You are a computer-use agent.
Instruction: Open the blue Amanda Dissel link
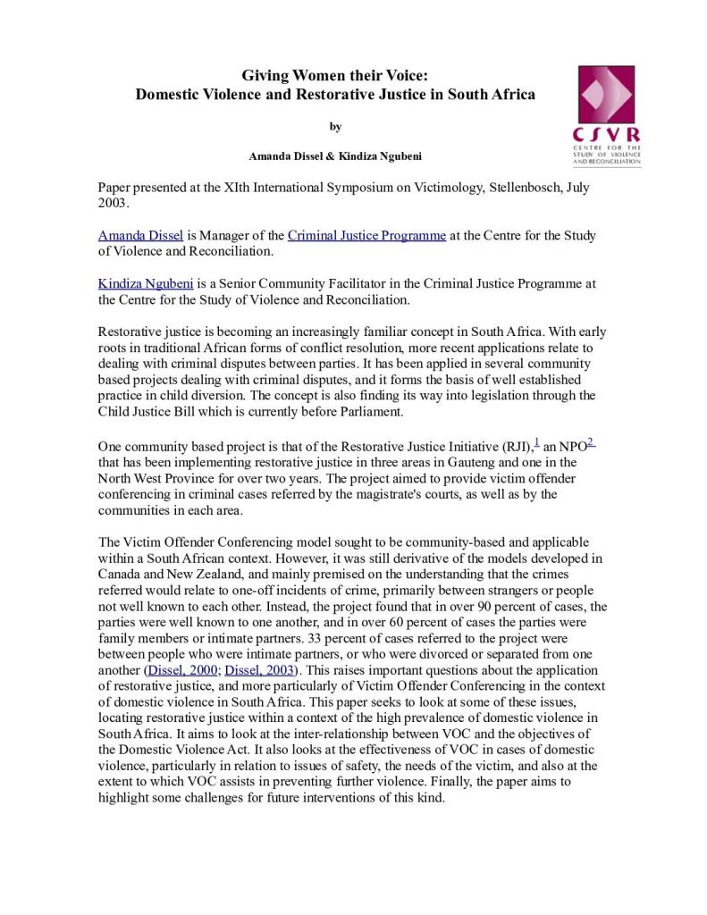pyautogui.click(x=140, y=236)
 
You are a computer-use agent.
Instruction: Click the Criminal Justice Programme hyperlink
pyautogui.click(x=366, y=236)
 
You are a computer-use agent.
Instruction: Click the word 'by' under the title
pyautogui.click(x=335, y=127)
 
